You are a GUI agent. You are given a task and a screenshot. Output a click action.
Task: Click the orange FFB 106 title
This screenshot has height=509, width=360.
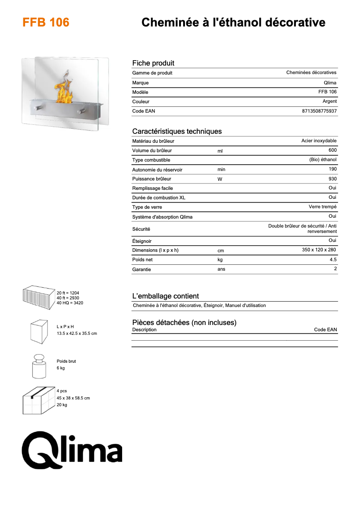[x=46, y=22]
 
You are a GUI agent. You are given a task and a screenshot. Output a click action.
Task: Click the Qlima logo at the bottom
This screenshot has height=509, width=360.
[x=72, y=448]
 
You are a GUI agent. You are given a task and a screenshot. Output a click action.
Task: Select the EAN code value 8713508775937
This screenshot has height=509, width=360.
[x=319, y=111]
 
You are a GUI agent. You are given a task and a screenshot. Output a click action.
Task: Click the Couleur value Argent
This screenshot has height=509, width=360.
[x=329, y=101]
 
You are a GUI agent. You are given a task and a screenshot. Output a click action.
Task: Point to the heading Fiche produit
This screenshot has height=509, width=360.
[x=153, y=63]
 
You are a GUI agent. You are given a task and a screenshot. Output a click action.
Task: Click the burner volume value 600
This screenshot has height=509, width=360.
[x=332, y=150]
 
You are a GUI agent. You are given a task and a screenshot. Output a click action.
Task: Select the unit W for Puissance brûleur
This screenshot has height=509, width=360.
[x=220, y=179]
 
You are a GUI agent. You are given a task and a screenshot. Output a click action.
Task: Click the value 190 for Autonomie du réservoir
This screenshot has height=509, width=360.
[x=332, y=169]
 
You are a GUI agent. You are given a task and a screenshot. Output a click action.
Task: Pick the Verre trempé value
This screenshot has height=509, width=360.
[x=322, y=207]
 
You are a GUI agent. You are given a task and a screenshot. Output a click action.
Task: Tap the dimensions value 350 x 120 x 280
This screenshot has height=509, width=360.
[x=319, y=250]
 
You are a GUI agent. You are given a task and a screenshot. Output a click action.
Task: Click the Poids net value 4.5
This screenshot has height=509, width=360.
[x=333, y=259]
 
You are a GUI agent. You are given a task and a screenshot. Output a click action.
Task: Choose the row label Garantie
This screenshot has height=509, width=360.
[x=141, y=269]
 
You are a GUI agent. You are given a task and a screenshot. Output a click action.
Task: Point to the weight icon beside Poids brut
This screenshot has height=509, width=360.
[x=39, y=366]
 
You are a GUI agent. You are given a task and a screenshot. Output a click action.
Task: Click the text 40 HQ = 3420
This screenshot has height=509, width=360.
[x=70, y=303]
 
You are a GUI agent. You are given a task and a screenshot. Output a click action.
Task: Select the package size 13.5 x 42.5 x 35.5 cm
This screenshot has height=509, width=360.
[x=77, y=333]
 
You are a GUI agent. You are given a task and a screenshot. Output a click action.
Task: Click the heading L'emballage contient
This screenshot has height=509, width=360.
[x=165, y=296]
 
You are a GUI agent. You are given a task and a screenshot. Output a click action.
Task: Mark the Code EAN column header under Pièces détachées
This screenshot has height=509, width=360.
[x=325, y=329]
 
